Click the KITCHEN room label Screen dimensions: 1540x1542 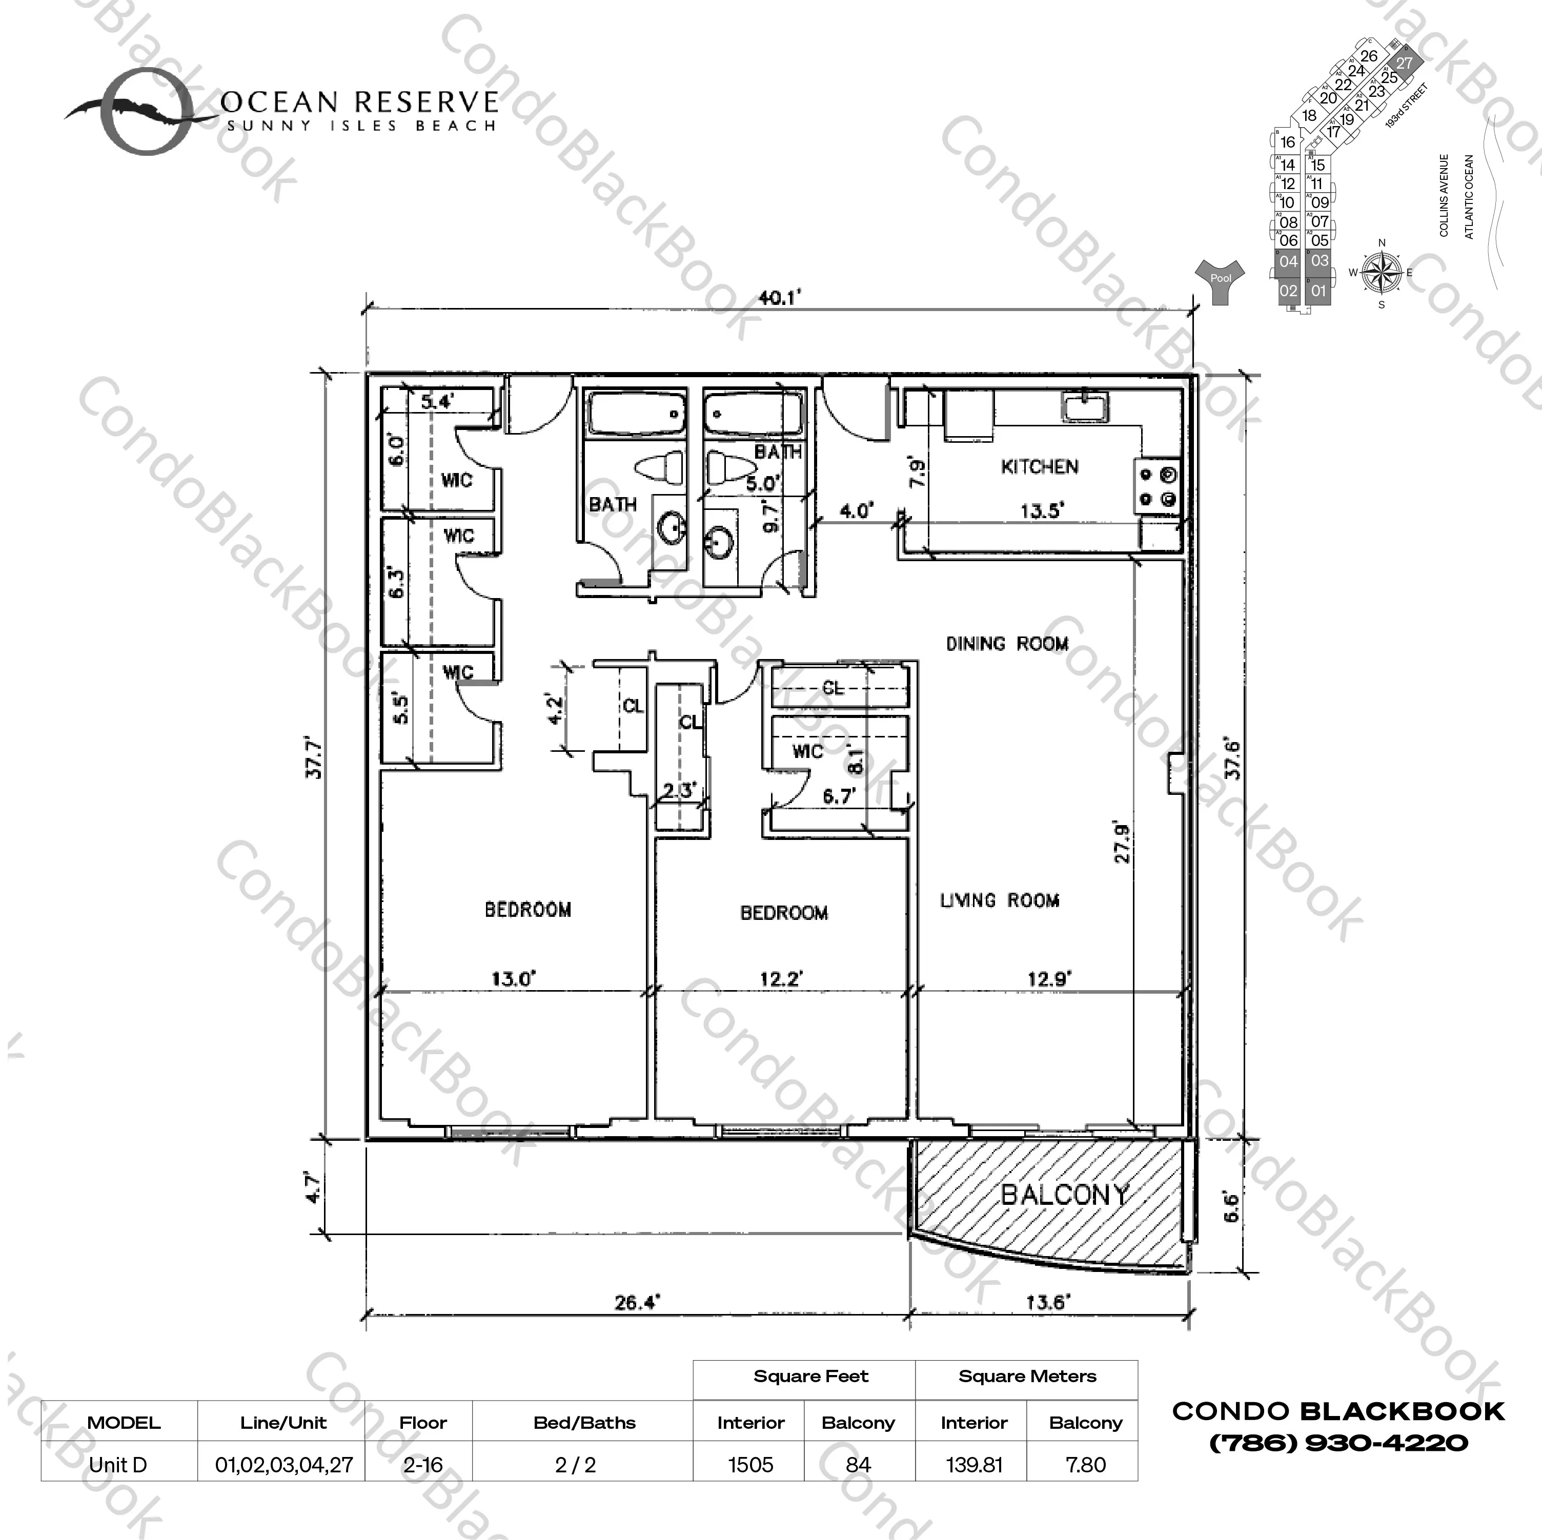pyautogui.click(x=1039, y=467)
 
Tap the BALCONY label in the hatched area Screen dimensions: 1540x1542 pyautogui.click(x=1065, y=1195)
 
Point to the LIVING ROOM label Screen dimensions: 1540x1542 pyautogui.click(x=999, y=901)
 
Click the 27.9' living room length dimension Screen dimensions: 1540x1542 pyautogui.click(x=1122, y=842)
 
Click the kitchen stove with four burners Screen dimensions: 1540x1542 pyautogui.click(x=1158, y=487)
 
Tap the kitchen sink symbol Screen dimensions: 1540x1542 pyautogui.click(x=1084, y=407)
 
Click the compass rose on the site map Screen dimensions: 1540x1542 pyautogui.click(x=1382, y=272)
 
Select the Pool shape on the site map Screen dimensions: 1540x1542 pyautogui.click(x=1220, y=280)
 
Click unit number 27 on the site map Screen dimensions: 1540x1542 pyautogui.click(x=1404, y=63)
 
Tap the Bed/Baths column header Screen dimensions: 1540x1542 pyautogui.click(x=584, y=1422)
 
